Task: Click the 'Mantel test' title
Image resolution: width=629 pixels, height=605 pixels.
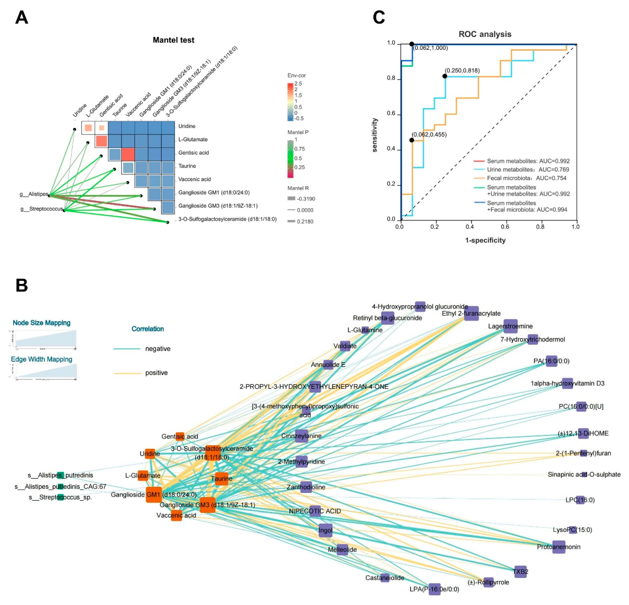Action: pyautogui.click(x=173, y=40)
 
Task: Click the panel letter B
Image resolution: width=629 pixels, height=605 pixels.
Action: pyautogui.click(x=22, y=285)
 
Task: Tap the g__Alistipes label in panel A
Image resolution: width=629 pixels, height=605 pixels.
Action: pyautogui.click(x=34, y=194)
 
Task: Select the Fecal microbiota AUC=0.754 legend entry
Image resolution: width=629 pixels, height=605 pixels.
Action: pyautogui.click(x=526, y=178)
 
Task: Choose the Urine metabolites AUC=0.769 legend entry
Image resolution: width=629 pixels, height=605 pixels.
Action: pyautogui.click(x=528, y=169)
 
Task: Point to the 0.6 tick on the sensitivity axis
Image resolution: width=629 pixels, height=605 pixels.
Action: pyautogui.click(x=391, y=115)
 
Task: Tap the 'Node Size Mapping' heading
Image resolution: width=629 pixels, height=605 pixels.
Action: pyautogui.click(x=41, y=323)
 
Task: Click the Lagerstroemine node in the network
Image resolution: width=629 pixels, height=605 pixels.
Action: pyautogui.click(x=510, y=326)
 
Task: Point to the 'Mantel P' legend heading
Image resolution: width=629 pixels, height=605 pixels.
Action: pyautogui.click(x=298, y=132)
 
